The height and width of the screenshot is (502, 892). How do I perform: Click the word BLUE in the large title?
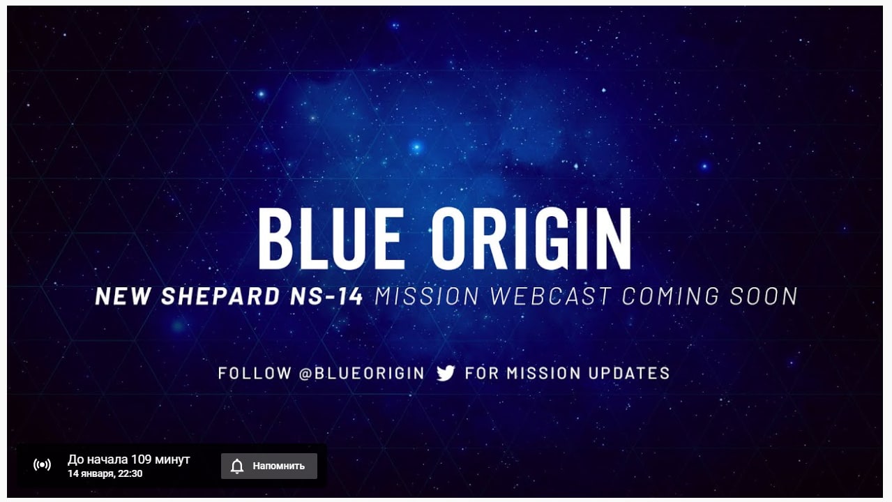tap(332, 238)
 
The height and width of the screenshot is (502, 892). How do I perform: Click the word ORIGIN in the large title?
tap(531, 238)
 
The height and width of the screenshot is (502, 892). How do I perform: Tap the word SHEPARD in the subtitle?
tap(220, 296)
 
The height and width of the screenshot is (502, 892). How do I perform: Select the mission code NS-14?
tap(326, 296)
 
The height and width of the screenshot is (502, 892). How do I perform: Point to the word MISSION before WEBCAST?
tap(427, 296)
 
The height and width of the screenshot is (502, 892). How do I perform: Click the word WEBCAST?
tap(550, 296)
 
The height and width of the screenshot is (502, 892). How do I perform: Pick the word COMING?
tap(671, 296)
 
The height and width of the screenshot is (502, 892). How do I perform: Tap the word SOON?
tap(764, 296)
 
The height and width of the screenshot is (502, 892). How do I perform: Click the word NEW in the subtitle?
tap(123, 296)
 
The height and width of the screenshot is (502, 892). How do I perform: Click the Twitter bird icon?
tap(446, 373)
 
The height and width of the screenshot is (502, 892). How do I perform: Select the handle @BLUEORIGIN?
tap(361, 374)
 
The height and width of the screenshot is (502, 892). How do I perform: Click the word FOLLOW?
tap(255, 374)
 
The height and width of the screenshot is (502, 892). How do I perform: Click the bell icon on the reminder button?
tap(237, 466)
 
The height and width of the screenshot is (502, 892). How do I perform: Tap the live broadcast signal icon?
tap(43, 464)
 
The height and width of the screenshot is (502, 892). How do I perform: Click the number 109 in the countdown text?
tap(141, 459)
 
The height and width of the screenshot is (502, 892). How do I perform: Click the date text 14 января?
tap(91, 473)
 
